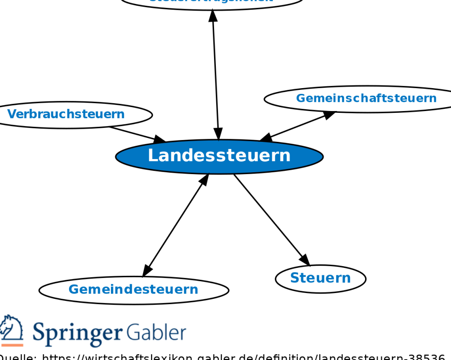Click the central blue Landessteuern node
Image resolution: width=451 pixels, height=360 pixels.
pyautogui.click(x=219, y=156)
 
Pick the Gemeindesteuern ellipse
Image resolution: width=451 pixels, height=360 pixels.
pyautogui.click(x=133, y=290)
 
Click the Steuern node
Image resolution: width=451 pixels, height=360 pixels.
pyautogui.click(x=321, y=278)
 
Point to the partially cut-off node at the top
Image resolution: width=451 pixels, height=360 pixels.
pyautogui.click(x=211, y=2)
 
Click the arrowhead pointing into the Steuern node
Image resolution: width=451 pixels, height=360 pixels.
pyautogui.click(x=304, y=260)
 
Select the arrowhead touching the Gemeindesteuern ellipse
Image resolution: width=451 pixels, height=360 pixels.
pyautogui.click(x=147, y=271)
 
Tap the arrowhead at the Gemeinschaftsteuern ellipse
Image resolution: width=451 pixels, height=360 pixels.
pyautogui.click(x=328, y=115)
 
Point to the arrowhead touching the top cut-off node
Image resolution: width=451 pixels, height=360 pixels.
pyautogui.click(x=213, y=15)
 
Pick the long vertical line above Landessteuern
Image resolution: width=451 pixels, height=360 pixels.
pyautogui.click(x=215, y=75)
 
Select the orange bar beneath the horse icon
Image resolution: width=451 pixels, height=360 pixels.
pyautogui.click(x=11, y=345)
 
